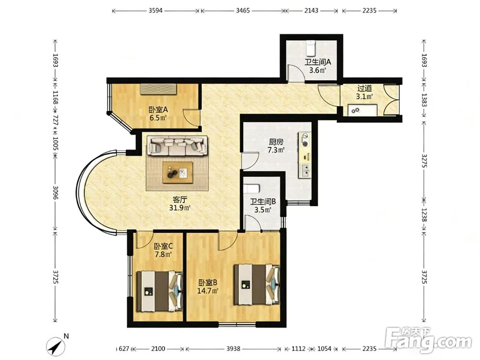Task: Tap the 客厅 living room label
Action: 180,200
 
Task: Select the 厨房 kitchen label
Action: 276,142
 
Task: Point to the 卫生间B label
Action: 263,202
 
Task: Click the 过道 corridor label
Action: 365,88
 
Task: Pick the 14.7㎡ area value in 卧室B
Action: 207,290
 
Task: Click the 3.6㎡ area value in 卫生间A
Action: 317,70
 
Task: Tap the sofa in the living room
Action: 178,145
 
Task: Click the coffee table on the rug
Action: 178,173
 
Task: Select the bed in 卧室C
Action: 159,291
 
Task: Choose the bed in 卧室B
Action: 257,285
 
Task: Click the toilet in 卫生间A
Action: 311,47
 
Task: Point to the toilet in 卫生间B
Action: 252,189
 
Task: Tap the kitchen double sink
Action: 305,170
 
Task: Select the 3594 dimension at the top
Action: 156,11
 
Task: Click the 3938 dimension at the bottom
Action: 233,348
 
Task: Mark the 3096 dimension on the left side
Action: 55,192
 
